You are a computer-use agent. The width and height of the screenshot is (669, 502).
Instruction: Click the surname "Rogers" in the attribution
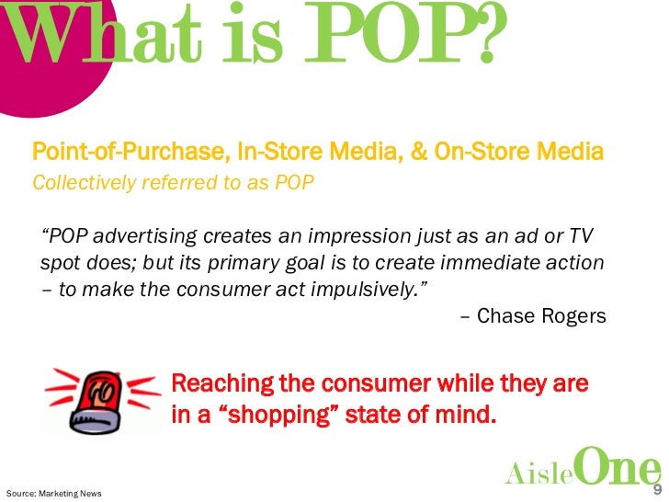pyautogui.click(x=570, y=317)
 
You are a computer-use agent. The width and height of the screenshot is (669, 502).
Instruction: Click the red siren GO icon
pyautogui.click(x=97, y=398)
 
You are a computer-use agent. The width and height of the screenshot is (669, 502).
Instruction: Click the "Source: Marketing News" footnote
pyautogui.click(x=53, y=493)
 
